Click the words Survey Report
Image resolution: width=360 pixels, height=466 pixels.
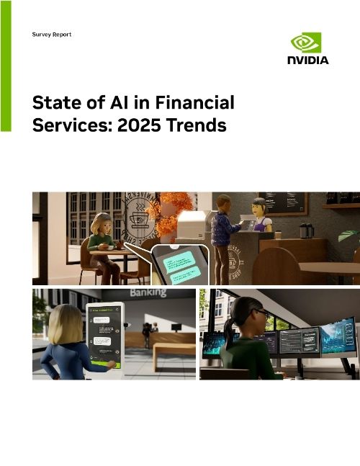[x=52, y=35]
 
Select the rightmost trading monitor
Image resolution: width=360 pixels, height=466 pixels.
[x=338, y=336]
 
